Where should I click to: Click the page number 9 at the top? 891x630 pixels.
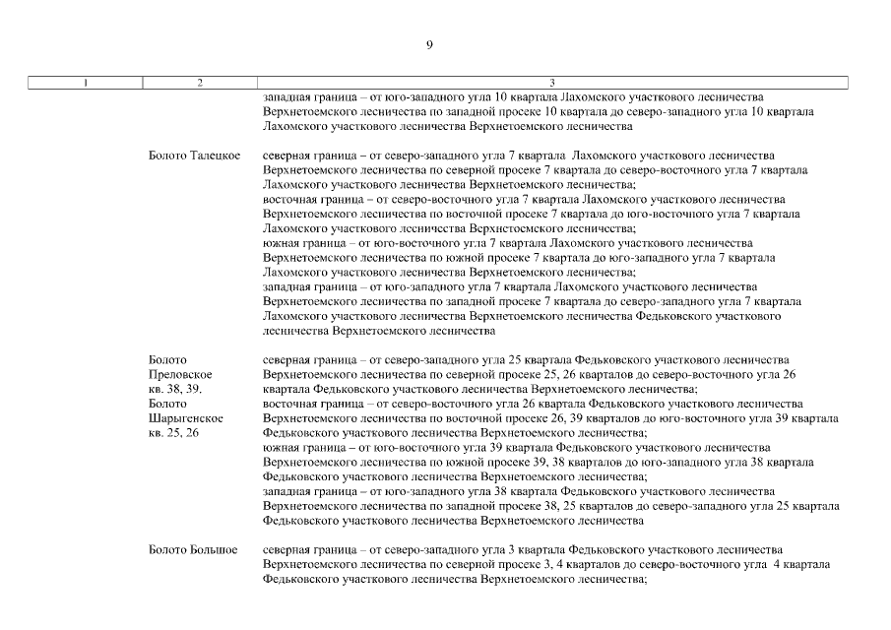(x=429, y=44)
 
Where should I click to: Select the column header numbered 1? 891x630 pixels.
(x=86, y=84)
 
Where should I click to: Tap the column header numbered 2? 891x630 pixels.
(x=200, y=84)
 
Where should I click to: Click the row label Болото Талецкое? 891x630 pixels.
(x=194, y=156)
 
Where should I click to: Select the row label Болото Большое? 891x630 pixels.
(x=193, y=548)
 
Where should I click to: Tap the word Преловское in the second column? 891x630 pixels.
(x=180, y=375)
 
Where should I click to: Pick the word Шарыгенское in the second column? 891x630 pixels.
(x=185, y=418)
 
